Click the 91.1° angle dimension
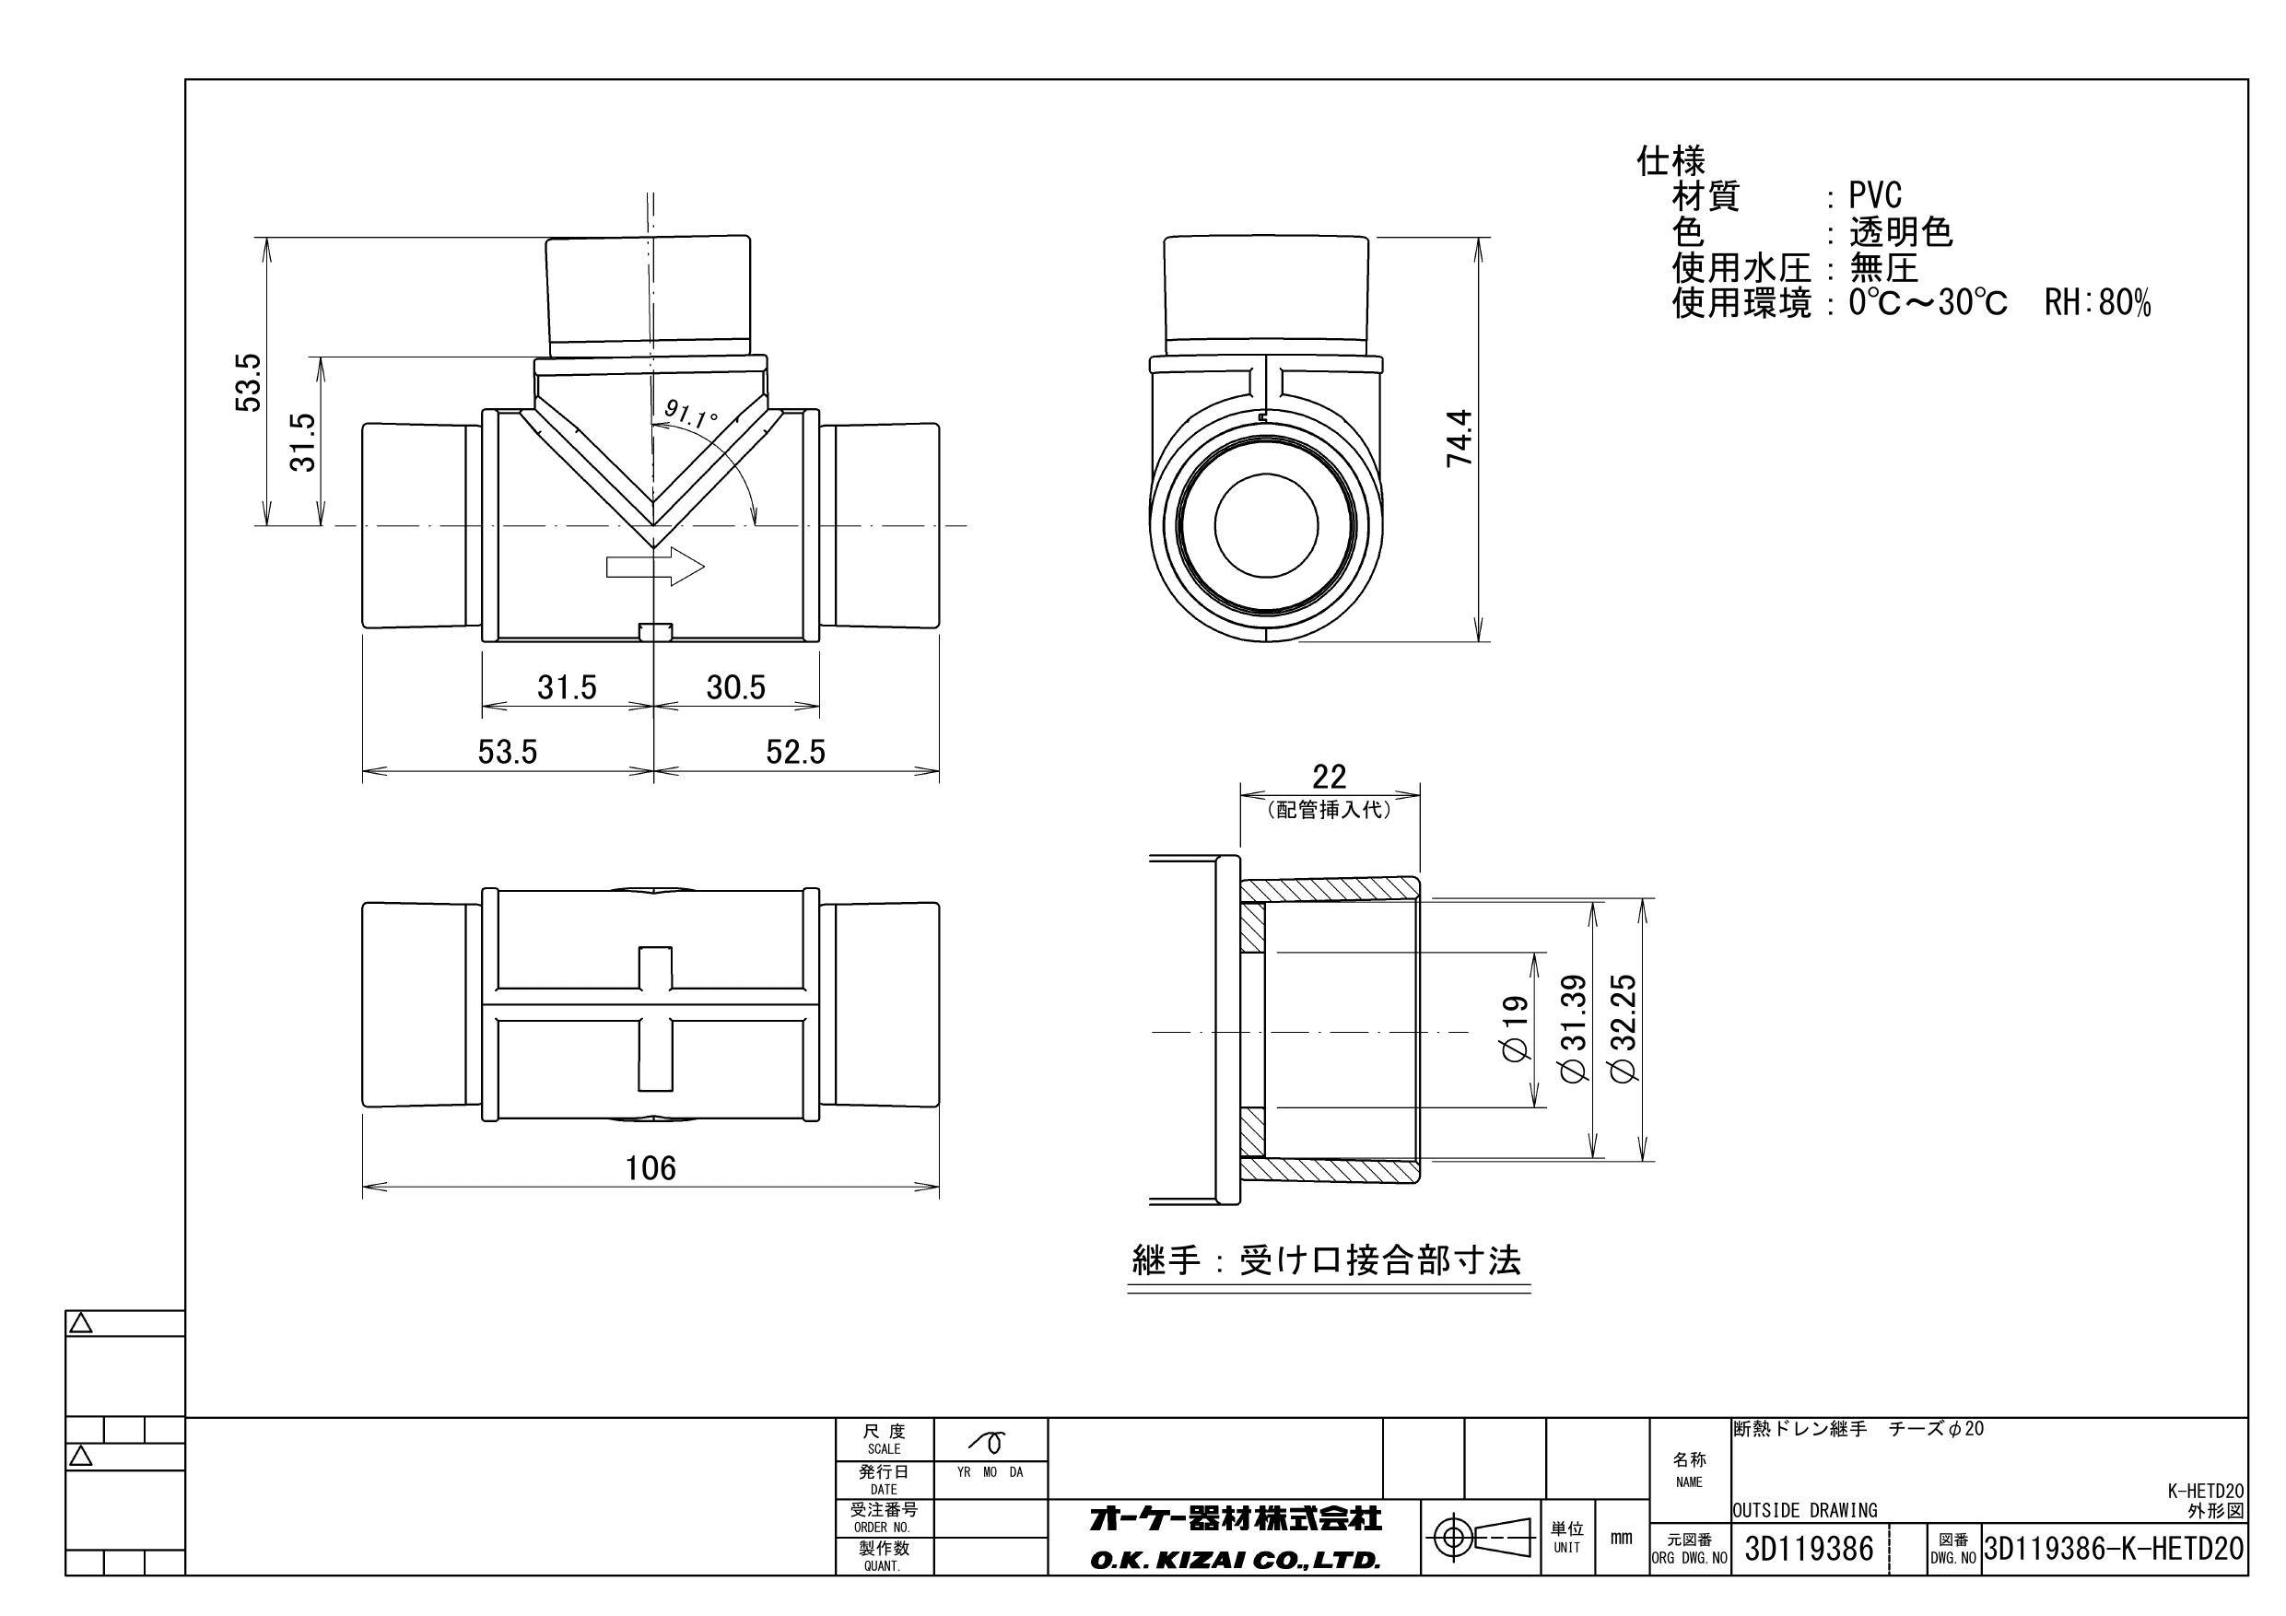coord(690,413)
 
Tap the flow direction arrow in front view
coord(655,567)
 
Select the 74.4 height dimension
coord(1459,439)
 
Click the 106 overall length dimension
coord(651,1168)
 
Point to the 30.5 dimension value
coord(736,687)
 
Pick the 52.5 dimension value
coord(794,752)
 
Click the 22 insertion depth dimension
coord(1330,777)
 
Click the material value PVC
coord(1875,196)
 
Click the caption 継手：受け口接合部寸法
coord(1327,1261)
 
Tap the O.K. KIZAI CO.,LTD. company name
coord(1235,1562)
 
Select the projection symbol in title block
coord(1482,1539)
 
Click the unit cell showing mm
coord(1621,1539)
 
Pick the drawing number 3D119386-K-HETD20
coord(2114,1550)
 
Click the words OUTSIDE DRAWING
coord(1804,1510)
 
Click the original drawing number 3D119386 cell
coord(1809,1550)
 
